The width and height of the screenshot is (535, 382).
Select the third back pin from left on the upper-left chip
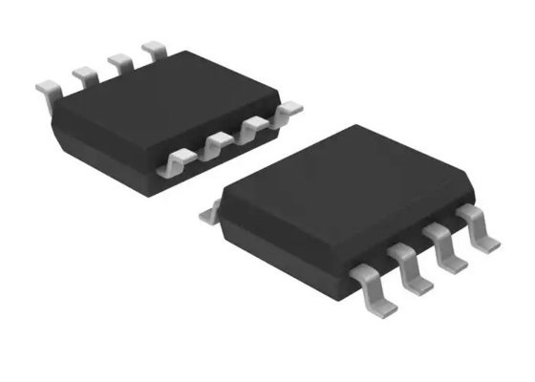pos(118,60)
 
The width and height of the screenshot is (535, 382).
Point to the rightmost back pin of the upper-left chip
pos(152,48)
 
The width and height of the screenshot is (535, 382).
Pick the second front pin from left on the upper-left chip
pos(215,145)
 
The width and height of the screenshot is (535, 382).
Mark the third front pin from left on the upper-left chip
pos(252,128)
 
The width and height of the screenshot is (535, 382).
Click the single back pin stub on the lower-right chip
pos(208,217)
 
